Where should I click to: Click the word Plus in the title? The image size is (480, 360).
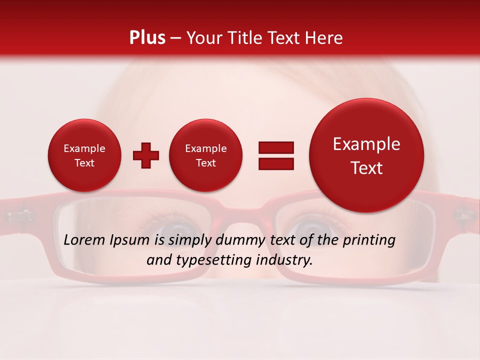pyautogui.click(x=147, y=38)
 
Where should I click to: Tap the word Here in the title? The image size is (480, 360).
pyautogui.click(x=324, y=38)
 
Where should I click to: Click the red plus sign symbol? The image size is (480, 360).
pyautogui.click(x=146, y=155)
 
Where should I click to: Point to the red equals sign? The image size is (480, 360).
pyautogui.click(x=276, y=155)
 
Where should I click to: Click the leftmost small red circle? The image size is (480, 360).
pyautogui.click(x=84, y=155)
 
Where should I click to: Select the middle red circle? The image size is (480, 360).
pyautogui.click(x=206, y=155)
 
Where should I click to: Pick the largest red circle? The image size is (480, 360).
pyautogui.click(x=366, y=155)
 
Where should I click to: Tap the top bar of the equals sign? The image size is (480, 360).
pyautogui.click(x=276, y=147)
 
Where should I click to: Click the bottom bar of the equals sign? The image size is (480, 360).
pyautogui.click(x=276, y=163)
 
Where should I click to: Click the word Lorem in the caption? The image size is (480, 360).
pyautogui.click(x=85, y=240)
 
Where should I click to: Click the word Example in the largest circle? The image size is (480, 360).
pyautogui.click(x=366, y=144)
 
